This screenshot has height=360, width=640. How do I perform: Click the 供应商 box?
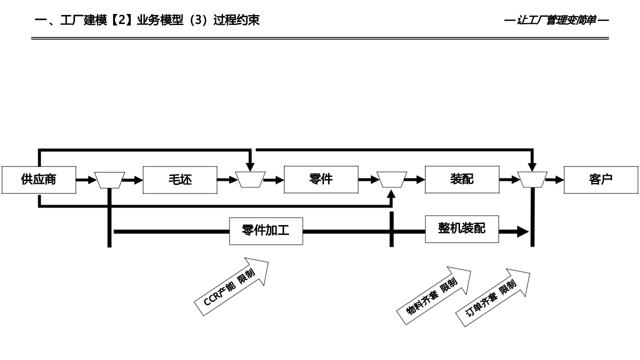click(38, 179)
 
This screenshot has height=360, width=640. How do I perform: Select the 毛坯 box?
click(180, 179)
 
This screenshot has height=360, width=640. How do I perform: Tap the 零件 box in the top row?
click(321, 179)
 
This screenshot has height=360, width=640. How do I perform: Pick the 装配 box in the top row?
click(461, 179)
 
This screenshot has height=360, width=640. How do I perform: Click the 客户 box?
click(601, 179)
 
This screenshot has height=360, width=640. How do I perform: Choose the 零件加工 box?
click(266, 231)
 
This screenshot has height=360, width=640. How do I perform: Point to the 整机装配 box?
click(461, 229)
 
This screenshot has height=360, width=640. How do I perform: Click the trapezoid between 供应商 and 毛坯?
click(109, 180)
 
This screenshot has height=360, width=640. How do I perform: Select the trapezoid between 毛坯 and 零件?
click(250, 179)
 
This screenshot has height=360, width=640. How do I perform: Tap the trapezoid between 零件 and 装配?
click(391, 179)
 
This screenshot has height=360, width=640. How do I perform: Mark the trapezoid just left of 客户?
click(532, 179)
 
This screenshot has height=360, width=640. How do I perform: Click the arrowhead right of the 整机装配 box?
click(522, 231)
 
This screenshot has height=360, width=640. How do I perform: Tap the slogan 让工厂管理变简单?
click(556, 20)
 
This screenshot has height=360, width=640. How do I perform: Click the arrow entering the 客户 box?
click(555, 179)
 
